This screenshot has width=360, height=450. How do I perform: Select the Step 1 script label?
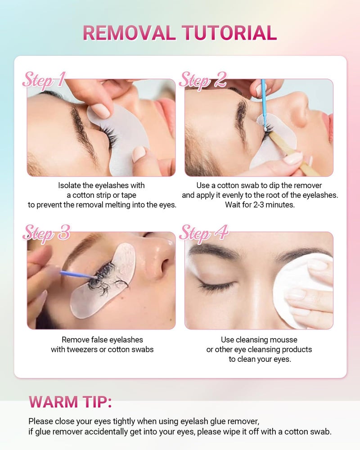(x=44, y=80)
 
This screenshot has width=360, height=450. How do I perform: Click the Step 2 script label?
(x=202, y=80)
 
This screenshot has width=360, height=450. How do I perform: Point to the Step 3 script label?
(x=46, y=232)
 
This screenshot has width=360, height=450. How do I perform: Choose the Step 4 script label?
(x=203, y=233)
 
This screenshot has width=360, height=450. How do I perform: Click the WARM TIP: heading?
(x=70, y=402)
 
